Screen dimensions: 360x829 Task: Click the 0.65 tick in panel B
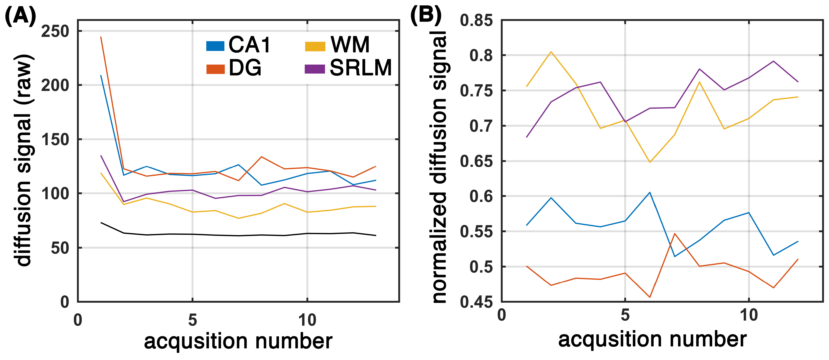476,161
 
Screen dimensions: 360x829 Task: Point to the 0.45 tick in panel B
476,302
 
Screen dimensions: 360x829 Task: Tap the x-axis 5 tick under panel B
625,315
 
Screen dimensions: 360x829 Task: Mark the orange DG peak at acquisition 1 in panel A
101,37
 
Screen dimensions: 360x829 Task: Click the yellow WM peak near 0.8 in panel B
551,52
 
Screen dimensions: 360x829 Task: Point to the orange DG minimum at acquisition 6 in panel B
650,297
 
